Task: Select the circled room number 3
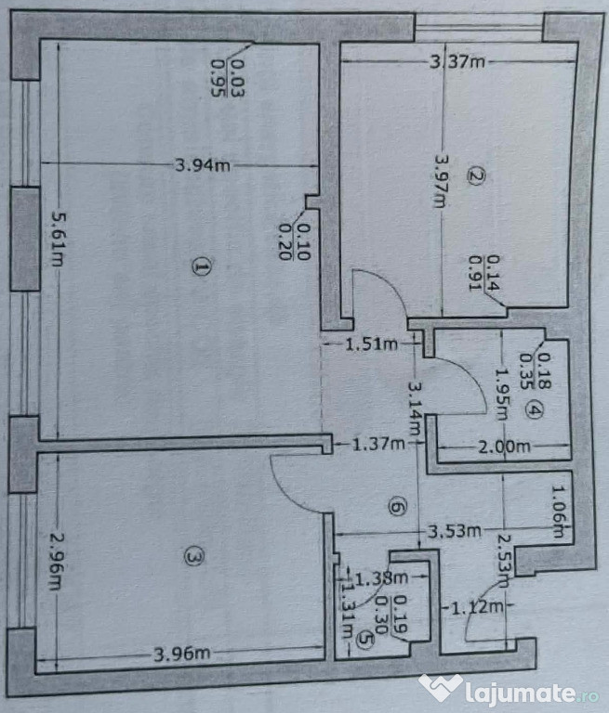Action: pos(192,557)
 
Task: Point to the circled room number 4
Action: pos(533,409)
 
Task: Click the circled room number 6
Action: pos(396,508)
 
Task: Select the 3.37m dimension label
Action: pos(457,62)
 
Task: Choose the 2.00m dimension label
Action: pos(504,447)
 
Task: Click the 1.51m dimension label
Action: pos(371,345)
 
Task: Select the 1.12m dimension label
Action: pos(480,608)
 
